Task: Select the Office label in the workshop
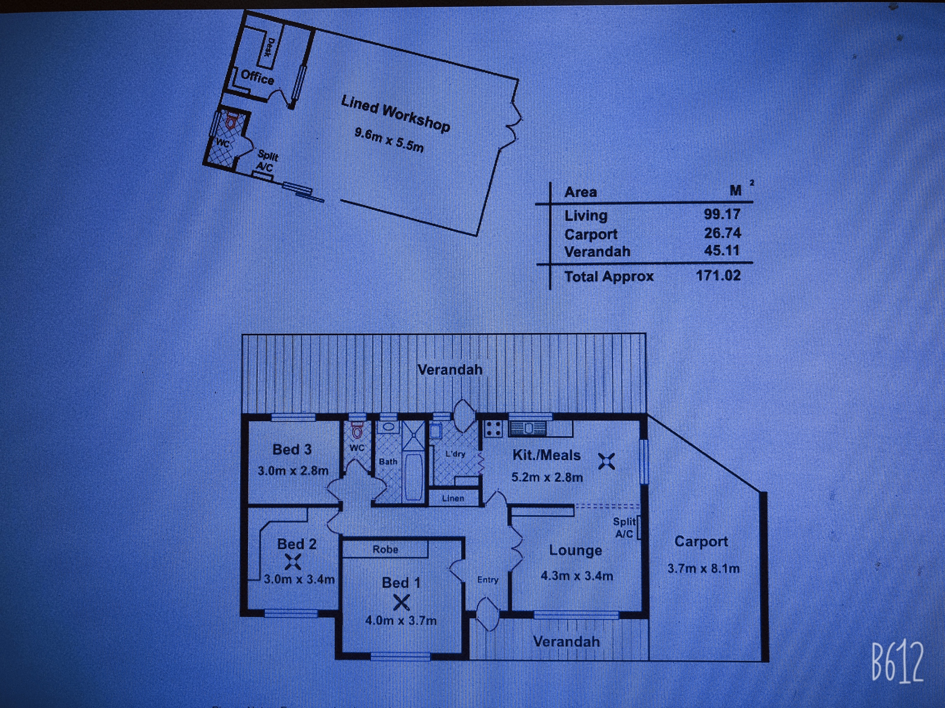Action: click(257, 77)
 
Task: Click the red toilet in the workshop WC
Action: click(231, 121)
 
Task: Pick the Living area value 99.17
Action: click(722, 214)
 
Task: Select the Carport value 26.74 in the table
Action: click(723, 233)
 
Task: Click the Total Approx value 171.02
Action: click(718, 275)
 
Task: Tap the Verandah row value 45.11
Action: click(722, 250)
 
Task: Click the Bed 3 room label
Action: click(292, 449)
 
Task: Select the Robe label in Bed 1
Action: click(385, 549)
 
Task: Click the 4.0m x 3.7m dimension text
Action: click(401, 620)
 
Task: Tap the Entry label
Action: click(488, 580)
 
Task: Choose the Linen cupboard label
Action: click(453, 498)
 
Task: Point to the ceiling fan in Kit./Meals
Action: click(607, 461)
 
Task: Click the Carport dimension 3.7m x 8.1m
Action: click(703, 568)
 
